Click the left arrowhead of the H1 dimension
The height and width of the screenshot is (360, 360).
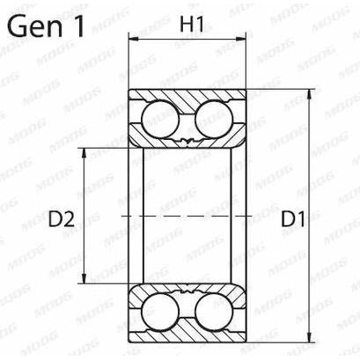click(x=135, y=40)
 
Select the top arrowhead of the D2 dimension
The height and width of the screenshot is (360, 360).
click(x=84, y=150)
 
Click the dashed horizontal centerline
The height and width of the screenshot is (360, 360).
click(x=185, y=215)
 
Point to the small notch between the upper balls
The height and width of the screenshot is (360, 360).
click(x=186, y=141)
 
